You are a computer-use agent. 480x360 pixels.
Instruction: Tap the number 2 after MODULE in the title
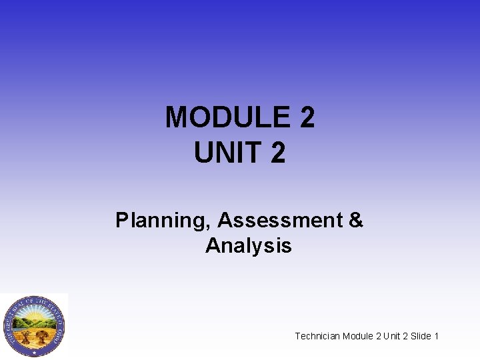coord(307,118)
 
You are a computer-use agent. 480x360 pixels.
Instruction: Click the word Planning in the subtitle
coord(163,220)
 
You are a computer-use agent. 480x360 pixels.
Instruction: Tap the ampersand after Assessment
coord(356,220)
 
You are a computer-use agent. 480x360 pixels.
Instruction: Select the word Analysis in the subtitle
coord(248,245)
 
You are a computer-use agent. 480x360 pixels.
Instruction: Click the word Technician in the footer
coord(317,336)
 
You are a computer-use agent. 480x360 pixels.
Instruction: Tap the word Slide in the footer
coord(421,336)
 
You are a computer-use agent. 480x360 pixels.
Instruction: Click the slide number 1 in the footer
coord(436,336)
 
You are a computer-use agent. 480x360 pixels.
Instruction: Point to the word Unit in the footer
coord(393,336)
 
